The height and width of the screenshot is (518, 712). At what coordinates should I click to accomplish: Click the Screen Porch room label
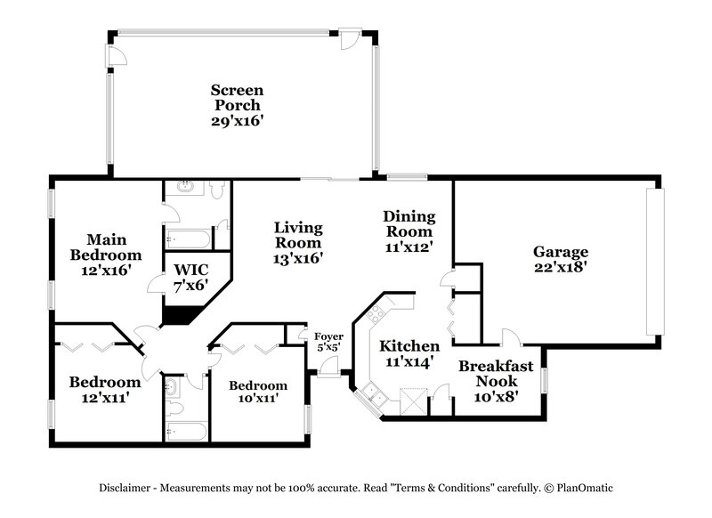[237, 105]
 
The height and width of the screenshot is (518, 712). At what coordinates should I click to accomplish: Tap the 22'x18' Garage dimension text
[561, 266]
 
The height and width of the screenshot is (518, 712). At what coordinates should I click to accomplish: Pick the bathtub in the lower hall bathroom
[185, 432]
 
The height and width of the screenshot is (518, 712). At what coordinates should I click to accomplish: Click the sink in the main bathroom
[187, 188]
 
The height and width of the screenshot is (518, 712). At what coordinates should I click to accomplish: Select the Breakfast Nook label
[496, 373]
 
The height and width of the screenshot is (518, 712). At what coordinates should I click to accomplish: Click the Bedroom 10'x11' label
[258, 392]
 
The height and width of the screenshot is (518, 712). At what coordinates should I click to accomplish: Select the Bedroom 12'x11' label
[104, 390]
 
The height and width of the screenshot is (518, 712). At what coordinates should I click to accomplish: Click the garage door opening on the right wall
[659, 262]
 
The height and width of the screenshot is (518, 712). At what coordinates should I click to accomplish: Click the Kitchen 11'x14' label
[409, 353]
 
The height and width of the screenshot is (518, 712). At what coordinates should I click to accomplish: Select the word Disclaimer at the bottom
[124, 489]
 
